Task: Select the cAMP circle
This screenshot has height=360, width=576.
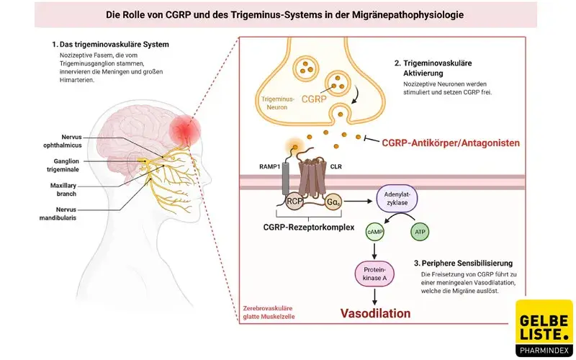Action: (x=374, y=232)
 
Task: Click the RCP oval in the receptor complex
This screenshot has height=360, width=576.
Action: (x=294, y=202)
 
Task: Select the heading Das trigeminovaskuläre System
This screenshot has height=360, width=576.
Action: (x=114, y=45)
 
